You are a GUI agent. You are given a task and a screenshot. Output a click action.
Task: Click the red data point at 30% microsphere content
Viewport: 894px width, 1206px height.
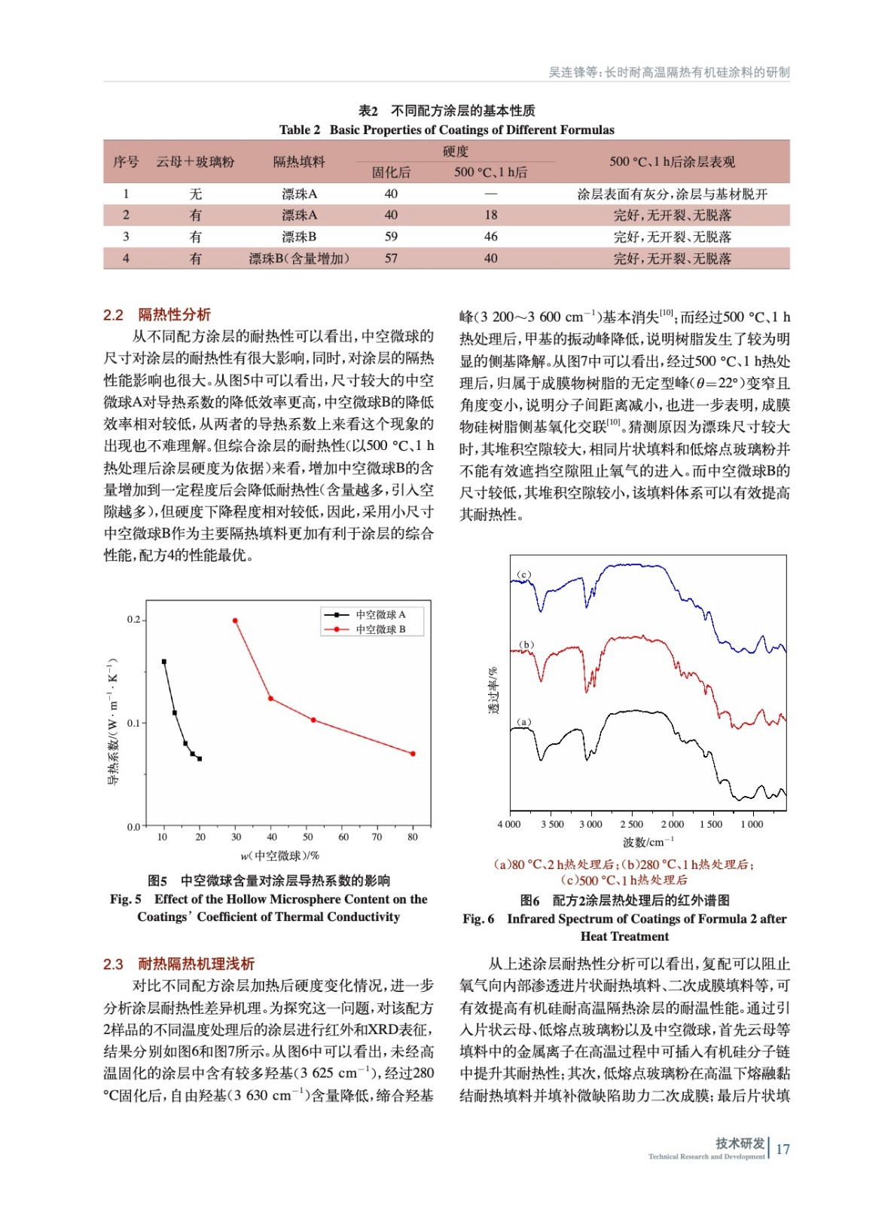[x=235, y=620]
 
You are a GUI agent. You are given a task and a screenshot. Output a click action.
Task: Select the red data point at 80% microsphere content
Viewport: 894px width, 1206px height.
[x=413, y=753]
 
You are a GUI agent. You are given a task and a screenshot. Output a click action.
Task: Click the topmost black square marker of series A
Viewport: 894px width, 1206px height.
[x=164, y=662]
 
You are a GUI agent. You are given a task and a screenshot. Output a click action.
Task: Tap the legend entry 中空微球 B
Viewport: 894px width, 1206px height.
[x=380, y=629]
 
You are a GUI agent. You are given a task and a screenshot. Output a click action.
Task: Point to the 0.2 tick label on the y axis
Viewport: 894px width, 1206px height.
[x=133, y=620]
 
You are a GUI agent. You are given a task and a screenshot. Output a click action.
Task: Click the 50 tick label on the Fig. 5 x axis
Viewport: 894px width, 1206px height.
[x=308, y=837]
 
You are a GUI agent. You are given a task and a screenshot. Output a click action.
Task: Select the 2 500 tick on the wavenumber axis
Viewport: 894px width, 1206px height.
[x=631, y=824]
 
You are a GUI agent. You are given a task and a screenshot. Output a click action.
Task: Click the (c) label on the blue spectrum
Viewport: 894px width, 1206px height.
[x=524, y=574]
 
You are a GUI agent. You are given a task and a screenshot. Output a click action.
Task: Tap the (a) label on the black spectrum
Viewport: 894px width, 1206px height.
[x=524, y=721]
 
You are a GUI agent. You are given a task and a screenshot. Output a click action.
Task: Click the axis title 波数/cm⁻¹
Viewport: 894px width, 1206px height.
[x=648, y=842]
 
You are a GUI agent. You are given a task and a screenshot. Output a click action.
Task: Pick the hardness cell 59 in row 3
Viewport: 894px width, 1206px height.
[x=391, y=237]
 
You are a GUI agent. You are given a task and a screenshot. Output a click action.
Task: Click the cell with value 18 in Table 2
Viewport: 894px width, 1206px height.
[x=491, y=215]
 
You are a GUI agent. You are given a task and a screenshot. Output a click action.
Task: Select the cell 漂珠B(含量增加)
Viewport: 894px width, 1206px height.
[x=299, y=259]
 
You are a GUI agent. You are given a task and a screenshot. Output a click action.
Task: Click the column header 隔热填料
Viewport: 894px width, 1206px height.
[x=299, y=161]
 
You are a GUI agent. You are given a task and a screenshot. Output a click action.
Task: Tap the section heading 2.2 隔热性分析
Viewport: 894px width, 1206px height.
[x=157, y=314]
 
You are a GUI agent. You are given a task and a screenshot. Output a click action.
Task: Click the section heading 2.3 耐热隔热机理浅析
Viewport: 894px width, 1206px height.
[x=178, y=963]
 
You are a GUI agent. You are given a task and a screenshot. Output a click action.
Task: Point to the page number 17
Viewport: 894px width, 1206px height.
[x=783, y=1149]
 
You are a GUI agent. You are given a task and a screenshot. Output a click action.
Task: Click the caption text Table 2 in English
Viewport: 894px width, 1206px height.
[x=299, y=130]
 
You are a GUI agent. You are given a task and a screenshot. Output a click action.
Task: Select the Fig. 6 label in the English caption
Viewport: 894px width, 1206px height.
[x=478, y=919]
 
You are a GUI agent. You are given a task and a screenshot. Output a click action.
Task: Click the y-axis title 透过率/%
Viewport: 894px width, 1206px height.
[x=493, y=690]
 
